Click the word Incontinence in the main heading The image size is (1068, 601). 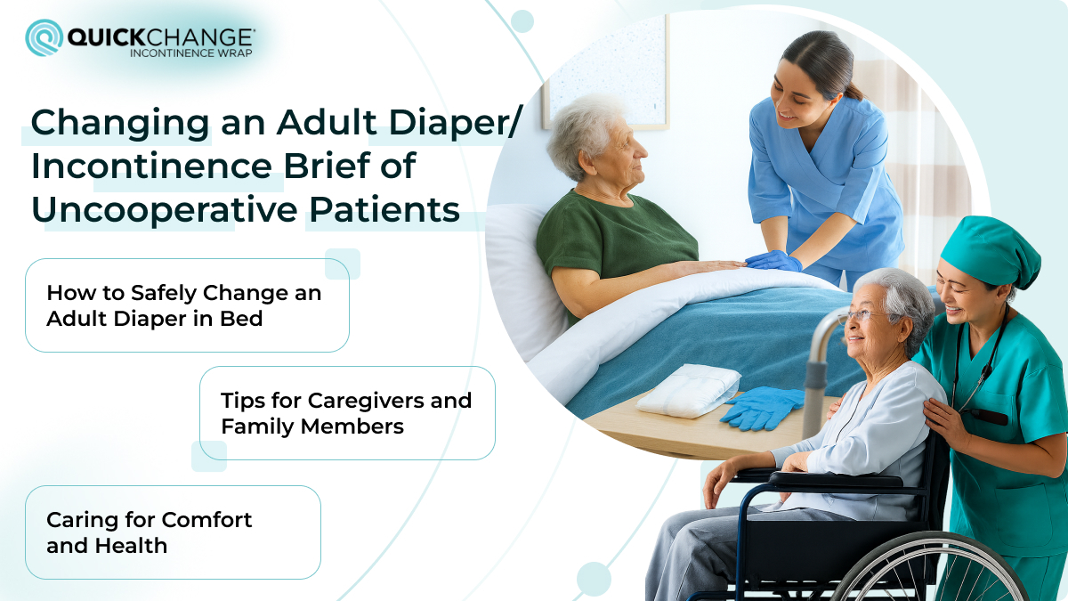[157, 166]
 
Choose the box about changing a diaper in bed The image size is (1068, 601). [187, 305]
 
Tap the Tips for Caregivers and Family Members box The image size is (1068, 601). [347, 413]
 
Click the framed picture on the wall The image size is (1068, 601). [605, 71]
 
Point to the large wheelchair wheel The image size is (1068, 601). [926, 570]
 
